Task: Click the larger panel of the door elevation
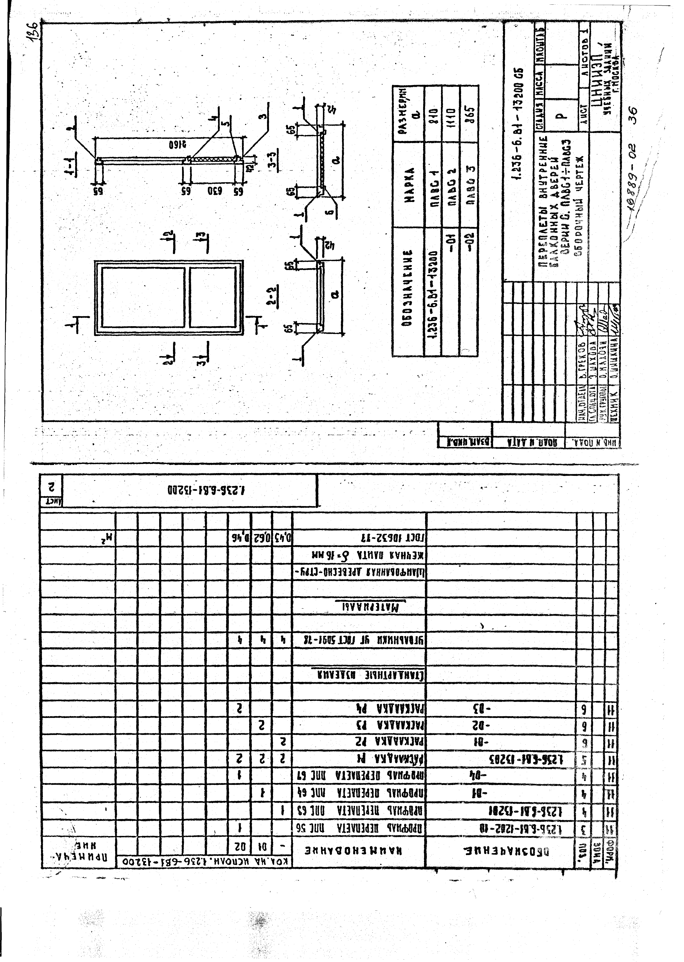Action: click(143, 297)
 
